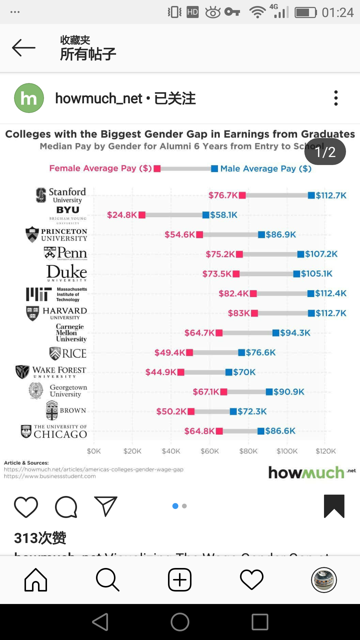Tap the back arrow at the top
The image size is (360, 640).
(x=24, y=48)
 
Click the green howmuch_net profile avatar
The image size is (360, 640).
(x=29, y=98)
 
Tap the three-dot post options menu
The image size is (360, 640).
(x=336, y=98)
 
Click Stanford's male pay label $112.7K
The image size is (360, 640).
(x=331, y=195)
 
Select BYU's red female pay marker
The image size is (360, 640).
(x=142, y=215)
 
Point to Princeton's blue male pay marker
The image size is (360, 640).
(x=262, y=235)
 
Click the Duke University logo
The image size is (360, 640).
(x=67, y=273)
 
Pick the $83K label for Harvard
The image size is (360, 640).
(x=239, y=313)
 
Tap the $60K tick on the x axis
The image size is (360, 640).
(x=210, y=451)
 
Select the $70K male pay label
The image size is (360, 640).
(x=244, y=372)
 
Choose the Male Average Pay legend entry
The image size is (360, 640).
(x=262, y=169)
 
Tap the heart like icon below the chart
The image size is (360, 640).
(x=26, y=507)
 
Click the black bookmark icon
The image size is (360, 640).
(x=334, y=506)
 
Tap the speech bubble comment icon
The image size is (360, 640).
(x=66, y=507)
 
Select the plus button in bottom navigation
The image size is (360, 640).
(x=180, y=580)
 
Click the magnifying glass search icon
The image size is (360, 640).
(x=107, y=580)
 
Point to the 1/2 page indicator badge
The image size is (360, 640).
(x=325, y=152)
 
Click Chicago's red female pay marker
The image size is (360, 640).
(x=219, y=431)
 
